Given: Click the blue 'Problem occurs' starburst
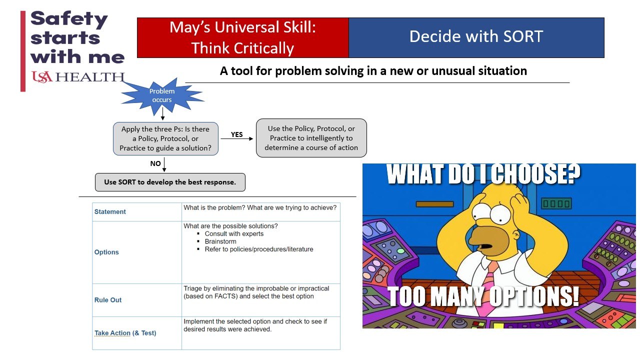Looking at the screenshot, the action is (162, 95).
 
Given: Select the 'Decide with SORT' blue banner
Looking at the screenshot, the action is (476, 37).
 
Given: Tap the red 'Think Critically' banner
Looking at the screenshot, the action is (243, 37).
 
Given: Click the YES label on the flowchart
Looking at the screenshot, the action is (236, 134).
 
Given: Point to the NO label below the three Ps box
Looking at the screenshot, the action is (155, 163).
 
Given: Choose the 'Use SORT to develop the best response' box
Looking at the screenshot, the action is (170, 182).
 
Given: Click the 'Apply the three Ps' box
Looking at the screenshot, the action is (165, 138).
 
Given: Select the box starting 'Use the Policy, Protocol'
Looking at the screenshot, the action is (311, 138).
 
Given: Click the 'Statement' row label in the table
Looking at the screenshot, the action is (110, 211).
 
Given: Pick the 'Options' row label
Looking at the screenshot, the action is (106, 252).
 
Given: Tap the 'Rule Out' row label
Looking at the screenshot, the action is (107, 300).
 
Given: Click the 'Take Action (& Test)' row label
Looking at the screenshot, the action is (125, 333).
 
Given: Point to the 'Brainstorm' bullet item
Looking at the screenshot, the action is (220, 241).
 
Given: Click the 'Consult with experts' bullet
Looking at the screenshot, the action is (234, 233).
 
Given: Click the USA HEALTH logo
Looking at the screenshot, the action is (78, 77).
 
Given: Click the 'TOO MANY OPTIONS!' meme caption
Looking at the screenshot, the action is (483, 296).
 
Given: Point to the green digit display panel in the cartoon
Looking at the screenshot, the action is (556, 203).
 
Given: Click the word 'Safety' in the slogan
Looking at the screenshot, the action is (69, 19).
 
